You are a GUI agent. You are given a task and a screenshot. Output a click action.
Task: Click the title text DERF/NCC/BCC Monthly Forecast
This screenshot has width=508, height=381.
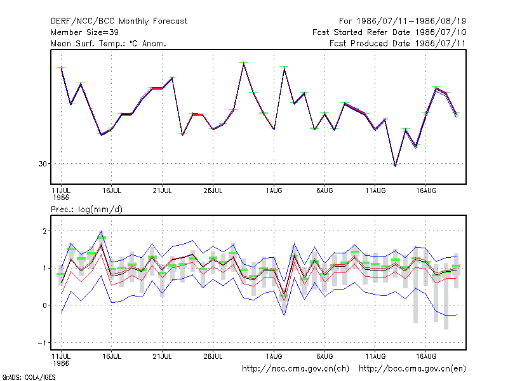click(x=119, y=22)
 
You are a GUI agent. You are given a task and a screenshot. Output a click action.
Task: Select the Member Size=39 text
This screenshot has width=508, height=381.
click(x=84, y=32)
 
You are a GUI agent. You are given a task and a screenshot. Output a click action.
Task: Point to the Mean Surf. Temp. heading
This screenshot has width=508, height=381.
click(x=108, y=43)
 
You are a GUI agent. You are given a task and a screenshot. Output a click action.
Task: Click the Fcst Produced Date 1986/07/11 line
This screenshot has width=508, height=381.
click(x=398, y=43)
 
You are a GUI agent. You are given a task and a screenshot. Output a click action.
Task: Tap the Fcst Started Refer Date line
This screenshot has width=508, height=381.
click(x=389, y=32)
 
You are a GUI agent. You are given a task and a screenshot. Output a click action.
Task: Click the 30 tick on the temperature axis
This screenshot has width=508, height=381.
click(x=43, y=164)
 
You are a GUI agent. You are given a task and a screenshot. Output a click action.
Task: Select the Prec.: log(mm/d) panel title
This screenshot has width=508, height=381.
click(x=86, y=210)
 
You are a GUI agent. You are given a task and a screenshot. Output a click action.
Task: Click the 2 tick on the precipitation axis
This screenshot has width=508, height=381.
click(x=44, y=231)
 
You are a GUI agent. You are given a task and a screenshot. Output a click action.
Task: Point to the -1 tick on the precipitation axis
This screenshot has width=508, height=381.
click(x=42, y=343)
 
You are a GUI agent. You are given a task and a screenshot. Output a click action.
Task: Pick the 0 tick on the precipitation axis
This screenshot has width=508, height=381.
click(x=44, y=305)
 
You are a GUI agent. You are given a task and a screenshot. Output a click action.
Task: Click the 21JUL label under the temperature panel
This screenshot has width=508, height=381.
click(x=162, y=191)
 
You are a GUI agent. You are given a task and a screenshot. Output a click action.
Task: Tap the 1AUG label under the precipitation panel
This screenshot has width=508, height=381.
click(x=274, y=356)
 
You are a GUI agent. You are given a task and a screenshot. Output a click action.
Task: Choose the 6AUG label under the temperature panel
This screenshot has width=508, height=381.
click(x=324, y=191)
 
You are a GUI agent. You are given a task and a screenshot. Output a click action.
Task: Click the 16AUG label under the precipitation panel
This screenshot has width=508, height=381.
click(x=425, y=356)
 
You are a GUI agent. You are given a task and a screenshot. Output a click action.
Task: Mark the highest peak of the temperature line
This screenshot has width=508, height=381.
click(x=244, y=63)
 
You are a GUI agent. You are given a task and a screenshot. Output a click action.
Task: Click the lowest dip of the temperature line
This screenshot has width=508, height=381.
click(x=395, y=166)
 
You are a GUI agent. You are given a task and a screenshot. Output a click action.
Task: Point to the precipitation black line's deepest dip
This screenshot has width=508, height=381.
click(x=284, y=294)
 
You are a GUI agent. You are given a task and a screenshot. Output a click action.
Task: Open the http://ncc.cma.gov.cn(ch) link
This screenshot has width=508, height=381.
click(x=295, y=369)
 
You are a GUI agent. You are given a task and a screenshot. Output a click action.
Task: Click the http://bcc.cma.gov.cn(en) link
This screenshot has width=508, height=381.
click(x=412, y=369)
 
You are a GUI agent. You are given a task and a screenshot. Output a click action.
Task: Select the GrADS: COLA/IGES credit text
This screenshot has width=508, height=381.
click(x=29, y=377)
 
